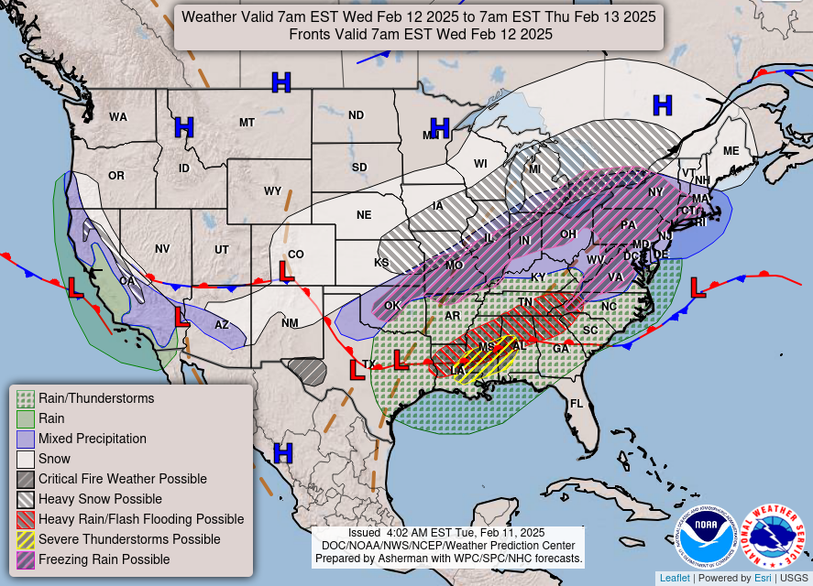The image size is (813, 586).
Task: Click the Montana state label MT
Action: click(x=247, y=122)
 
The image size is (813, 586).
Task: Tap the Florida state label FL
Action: click(x=577, y=404)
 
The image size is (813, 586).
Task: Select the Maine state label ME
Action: click(x=731, y=151)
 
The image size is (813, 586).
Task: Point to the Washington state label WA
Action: click(x=118, y=117)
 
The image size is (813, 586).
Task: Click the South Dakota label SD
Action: click(x=359, y=168)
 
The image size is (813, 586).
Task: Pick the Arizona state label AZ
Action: click(x=222, y=324)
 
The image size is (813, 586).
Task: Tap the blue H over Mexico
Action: click(x=283, y=452)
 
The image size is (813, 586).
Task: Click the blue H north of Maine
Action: click(x=662, y=105)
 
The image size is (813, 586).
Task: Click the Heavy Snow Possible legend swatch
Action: click(x=26, y=499)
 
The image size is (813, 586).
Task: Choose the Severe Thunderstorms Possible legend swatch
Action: click(x=26, y=539)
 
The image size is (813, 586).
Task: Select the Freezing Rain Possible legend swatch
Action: click(x=26, y=559)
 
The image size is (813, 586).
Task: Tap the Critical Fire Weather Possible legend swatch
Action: click(x=26, y=479)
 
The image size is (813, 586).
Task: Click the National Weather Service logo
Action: click(x=772, y=536)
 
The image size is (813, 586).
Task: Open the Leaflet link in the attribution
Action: click(x=674, y=578)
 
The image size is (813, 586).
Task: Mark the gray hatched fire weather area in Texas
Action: click(x=307, y=371)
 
